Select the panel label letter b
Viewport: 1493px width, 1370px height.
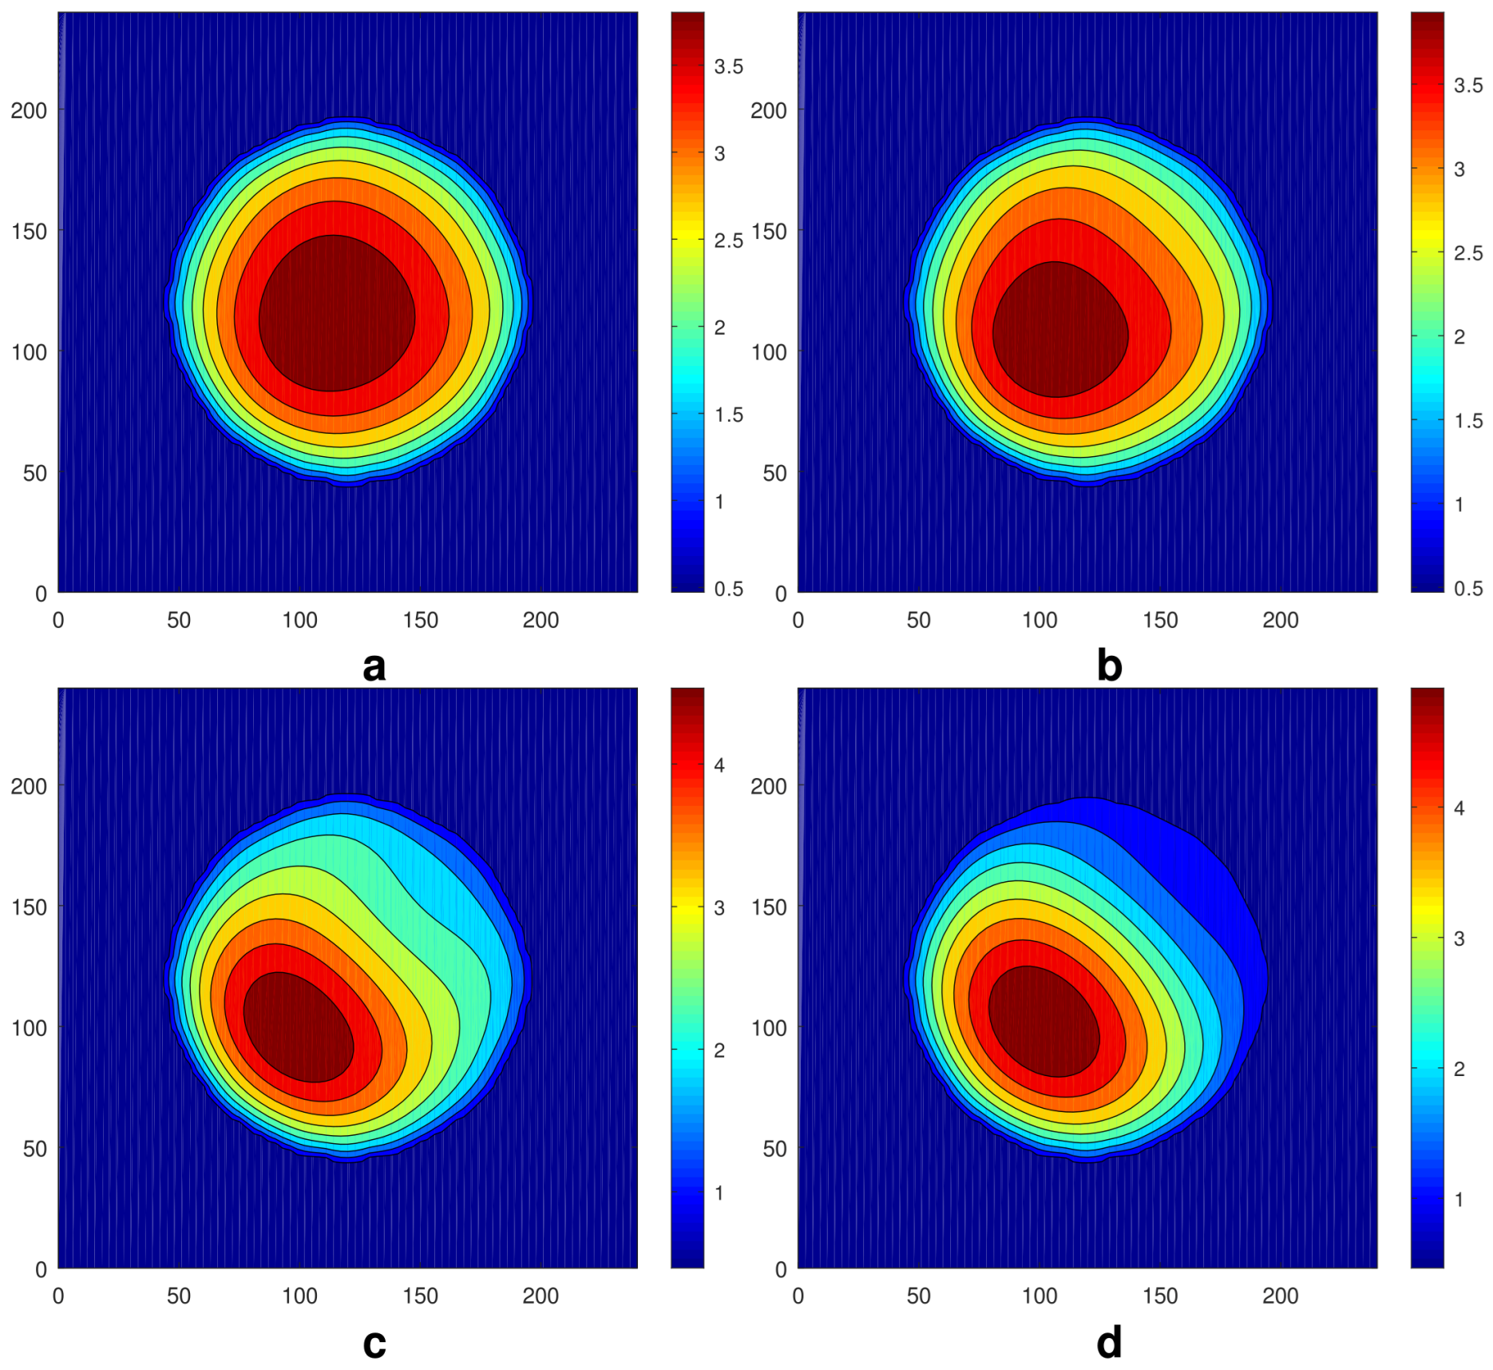pos(1109,665)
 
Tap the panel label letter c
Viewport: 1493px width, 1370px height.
pos(374,1344)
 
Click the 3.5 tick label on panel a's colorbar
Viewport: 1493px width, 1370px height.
pos(728,67)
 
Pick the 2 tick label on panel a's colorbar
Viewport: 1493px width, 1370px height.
pos(719,328)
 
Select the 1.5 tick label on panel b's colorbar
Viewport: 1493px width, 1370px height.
pos(1467,421)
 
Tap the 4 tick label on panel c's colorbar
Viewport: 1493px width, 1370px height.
pos(719,765)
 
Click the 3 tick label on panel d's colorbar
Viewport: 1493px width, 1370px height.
pos(1459,939)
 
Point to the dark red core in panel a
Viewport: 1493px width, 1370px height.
pos(336,313)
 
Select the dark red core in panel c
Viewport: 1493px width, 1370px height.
pos(298,1028)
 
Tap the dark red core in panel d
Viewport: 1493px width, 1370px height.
pos(1044,1022)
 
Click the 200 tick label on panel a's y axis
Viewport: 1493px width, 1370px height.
pos(29,110)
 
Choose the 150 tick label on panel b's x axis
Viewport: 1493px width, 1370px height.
pos(1159,621)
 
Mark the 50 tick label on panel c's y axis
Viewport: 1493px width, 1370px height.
pos(34,1149)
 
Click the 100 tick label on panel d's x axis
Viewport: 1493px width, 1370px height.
pos(1039,1296)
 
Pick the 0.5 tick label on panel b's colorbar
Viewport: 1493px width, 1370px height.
pos(1467,589)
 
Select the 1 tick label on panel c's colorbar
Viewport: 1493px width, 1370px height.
pos(719,1193)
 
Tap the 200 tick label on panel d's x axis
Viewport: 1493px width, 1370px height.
pos(1280,1296)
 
